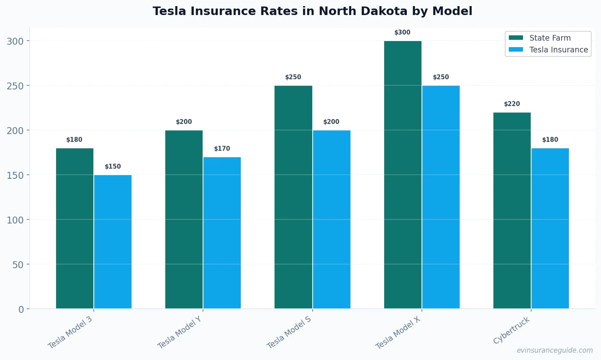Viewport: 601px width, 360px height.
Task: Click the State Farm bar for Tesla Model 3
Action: click(x=75, y=228)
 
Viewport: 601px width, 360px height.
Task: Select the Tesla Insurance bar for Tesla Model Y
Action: click(x=222, y=233)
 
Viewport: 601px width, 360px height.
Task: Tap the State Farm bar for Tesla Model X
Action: click(x=403, y=175)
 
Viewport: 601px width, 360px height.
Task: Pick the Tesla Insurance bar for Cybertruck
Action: click(x=550, y=228)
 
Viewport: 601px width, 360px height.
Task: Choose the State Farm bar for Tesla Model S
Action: click(x=293, y=197)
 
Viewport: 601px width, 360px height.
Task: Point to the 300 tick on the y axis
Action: click(x=15, y=41)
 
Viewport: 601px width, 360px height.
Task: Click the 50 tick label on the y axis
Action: click(x=18, y=265)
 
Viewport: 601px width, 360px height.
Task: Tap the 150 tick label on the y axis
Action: click(x=15, y=175)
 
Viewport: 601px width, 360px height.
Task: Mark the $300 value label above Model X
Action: click(x=402, y=33)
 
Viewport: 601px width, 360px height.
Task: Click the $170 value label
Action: click(x=222, y=149)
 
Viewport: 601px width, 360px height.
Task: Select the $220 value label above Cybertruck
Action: click(x=512, y=104)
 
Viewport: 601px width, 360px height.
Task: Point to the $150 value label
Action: click(x=113, y=167)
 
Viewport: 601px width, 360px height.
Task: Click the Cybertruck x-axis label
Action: click(x=512, y=330)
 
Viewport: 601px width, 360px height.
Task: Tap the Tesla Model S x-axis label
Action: click(x=289, y=332)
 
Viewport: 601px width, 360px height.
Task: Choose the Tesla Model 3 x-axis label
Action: click(x=70, y=332)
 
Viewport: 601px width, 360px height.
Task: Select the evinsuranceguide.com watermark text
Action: click(x=555, y=350)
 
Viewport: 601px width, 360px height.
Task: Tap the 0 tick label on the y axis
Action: click(x=21, y=309)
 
